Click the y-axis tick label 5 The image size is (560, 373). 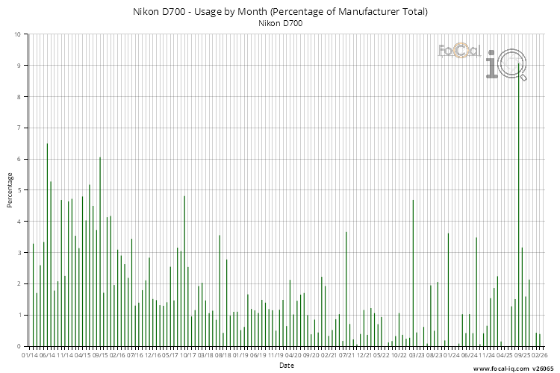point(19,190)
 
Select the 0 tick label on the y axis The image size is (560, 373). point(19,346)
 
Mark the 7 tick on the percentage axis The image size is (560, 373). point(19,128)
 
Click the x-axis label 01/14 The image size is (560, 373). point(30,356)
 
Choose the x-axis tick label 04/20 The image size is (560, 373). point(293,356)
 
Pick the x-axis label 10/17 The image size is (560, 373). point(188,356)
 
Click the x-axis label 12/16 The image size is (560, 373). point(153,356)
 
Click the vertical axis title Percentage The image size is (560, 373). point(10,190)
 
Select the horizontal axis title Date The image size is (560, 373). point(287,366)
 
